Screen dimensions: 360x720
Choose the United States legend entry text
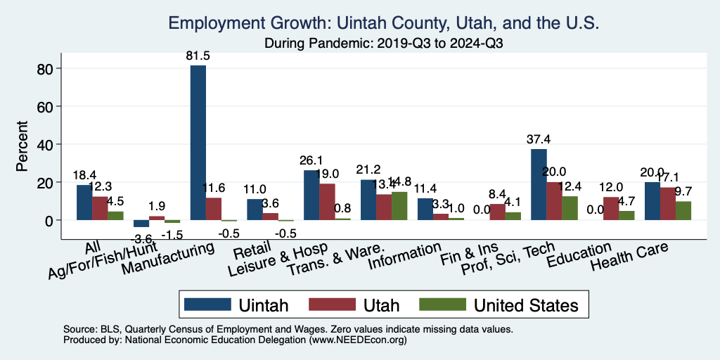click(x=526, y=304)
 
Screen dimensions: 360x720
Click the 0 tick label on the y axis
click(x=51, y=221)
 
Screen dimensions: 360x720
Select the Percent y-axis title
click(x=22, y=147)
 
